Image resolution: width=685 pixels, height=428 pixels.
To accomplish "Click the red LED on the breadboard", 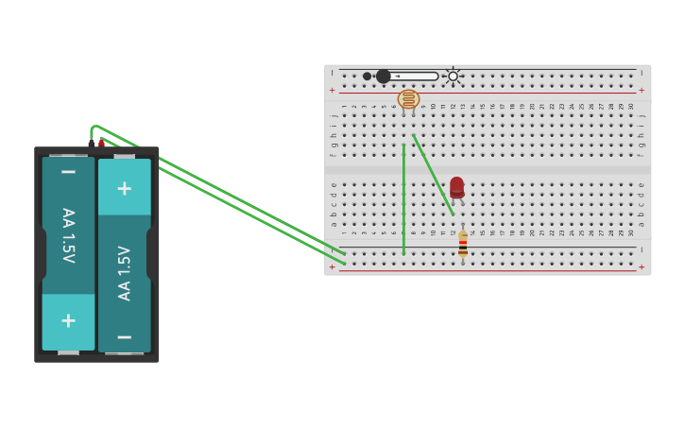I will tap(456, 186).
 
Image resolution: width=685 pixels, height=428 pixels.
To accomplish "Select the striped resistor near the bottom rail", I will tap(463, 245).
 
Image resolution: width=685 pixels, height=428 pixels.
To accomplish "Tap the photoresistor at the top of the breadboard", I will tap(408, 98).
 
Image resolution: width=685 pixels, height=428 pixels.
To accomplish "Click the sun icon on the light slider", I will tap(454, 77).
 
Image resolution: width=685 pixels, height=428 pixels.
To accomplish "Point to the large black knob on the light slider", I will tap(383, 77).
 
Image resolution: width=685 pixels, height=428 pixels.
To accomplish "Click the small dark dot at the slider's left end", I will tap(367, 77).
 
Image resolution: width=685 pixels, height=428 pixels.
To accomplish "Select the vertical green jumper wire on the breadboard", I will tap(403, 198).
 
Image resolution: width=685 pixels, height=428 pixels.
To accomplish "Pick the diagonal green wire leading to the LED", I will tap(432, 174).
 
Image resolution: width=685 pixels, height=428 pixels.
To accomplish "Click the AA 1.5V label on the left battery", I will tap(68, 235).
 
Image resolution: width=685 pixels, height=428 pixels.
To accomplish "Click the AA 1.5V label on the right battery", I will tap(125, 273).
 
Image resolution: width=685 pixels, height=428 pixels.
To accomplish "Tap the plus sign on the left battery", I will tap(68, 320).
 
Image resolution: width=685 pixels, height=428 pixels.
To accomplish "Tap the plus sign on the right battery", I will tap(124, 188).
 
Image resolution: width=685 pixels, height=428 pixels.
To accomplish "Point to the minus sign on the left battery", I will tap(68, 173).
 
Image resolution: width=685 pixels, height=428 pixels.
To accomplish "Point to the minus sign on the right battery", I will tap(124, 336).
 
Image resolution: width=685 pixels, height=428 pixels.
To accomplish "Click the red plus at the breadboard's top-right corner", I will tap(642, 91).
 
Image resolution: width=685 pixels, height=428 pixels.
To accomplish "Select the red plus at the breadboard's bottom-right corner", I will tap(642, 267).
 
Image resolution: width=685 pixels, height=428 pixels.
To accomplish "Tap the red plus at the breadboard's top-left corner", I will tap(332, 91).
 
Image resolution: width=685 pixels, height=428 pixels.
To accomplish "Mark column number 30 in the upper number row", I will tap(631, 107).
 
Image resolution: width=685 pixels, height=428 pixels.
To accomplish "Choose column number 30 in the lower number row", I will tap(631, 232).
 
